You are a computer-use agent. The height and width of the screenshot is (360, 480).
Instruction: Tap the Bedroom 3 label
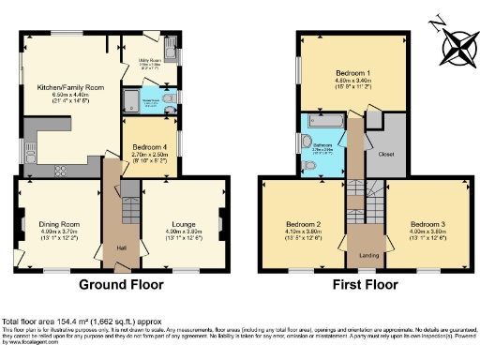point(427,224)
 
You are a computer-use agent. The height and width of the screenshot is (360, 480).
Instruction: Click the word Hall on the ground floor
point(121,247)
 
